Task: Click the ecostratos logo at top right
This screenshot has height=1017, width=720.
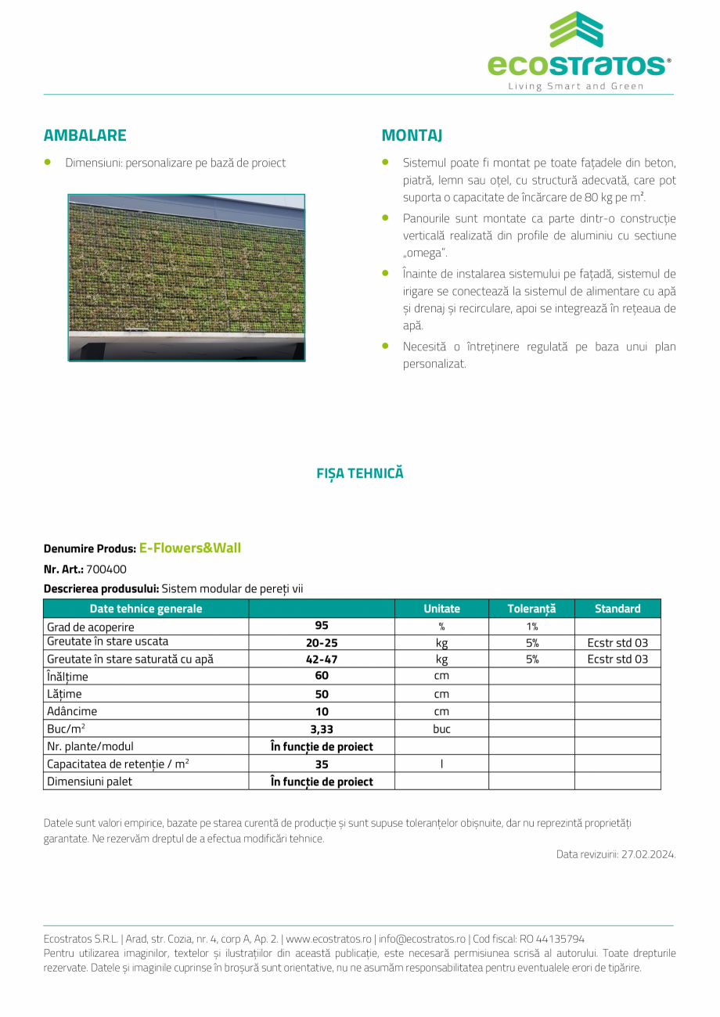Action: pyautogui.click(x=578, y=51)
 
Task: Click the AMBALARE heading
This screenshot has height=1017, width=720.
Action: pyautogui.click(x=85, y=135)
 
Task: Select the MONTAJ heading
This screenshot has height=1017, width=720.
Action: pyautogui.click(x=412, y=135)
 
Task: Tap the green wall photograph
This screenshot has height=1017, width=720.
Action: pyautogui.click(x=186, y=278)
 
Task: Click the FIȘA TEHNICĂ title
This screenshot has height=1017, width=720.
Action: pyautogui.click(x=360, y=473)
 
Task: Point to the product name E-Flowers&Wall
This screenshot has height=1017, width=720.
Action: pyautogui.click(x=190, y=548)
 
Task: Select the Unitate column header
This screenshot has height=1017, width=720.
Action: pyautogui.click(x=441, y=609)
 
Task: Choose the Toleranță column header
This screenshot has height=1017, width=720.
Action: pyautogui.click(x=531, y=609)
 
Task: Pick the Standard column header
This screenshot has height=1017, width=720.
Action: pyautogui.click(x=617, y=609)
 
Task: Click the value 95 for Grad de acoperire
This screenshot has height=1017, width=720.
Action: pyautogui.click(x=322, y=626)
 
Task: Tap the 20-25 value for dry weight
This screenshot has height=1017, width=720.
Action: pyautogui.click(x=322, y=643)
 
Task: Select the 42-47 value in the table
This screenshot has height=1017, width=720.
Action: pyautogui.click(x=322, y=659)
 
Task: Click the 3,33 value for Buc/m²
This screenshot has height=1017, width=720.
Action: pyautogui.click(x=322, y=729)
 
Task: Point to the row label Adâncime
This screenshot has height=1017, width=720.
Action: pyautogui.click(x=72, y=712)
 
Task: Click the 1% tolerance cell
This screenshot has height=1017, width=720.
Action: pyautogui.click(x=532, y=627)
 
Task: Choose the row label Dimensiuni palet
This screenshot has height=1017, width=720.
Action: pyautogui.click(x=90, y=782)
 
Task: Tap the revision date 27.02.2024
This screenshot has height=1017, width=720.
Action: pyautogui.click(x=649, y=854)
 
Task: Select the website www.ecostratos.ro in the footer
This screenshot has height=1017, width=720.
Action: pyautogui.click(x=329, y=939)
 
